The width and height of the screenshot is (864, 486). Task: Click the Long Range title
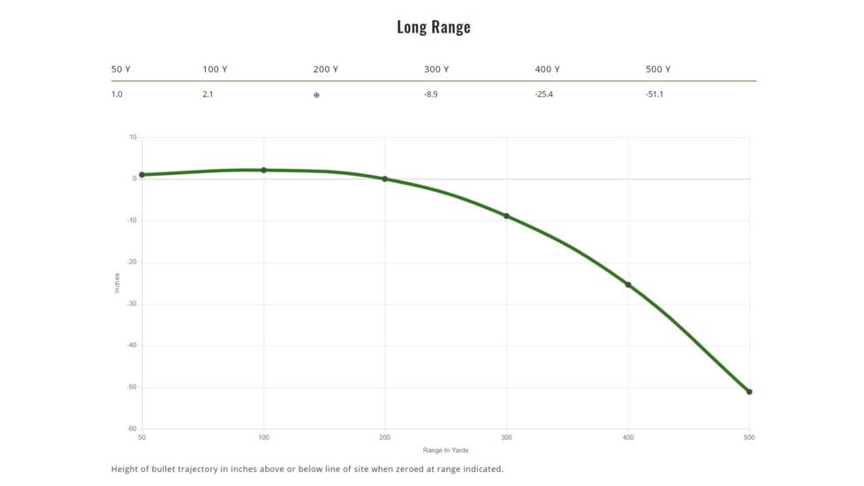click(x=433, y=27)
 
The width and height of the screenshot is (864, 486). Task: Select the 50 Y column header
click(x=121, y=69)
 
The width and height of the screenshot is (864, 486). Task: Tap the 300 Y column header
click(x=436, y=69)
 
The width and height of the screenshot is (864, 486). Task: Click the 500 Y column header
click(x=658, y=69)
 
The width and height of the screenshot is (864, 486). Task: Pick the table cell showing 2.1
click(x=208, y=95)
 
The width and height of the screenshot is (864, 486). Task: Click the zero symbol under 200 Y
click(x=316, y=95)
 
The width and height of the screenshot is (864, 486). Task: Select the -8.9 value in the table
click(x=430, y=95)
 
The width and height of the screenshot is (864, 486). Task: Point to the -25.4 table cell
click(x=544, y=95)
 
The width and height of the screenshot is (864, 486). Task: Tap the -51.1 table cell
click(x=655, y=95)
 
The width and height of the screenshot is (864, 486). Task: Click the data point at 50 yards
click(x=141, y=175)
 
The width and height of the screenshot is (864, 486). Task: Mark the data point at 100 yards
click(x=263, y=170)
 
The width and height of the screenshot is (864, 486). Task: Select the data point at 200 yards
click(x=384, y=178)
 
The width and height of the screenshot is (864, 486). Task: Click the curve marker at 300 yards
click(x=506, y=216)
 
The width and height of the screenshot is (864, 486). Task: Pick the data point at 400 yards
click(x=628, y=285)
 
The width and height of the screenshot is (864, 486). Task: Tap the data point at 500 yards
click(x=749, y=391)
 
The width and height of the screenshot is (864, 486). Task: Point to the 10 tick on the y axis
click(x=133, y=137)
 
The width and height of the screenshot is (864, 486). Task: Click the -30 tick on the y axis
click(x=131, y=304)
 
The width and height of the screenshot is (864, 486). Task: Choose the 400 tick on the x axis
click(x=628, y=437)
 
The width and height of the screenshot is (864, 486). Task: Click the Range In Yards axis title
click(x=445, y=451)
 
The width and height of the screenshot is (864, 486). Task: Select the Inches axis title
click(x=117, y=283)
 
